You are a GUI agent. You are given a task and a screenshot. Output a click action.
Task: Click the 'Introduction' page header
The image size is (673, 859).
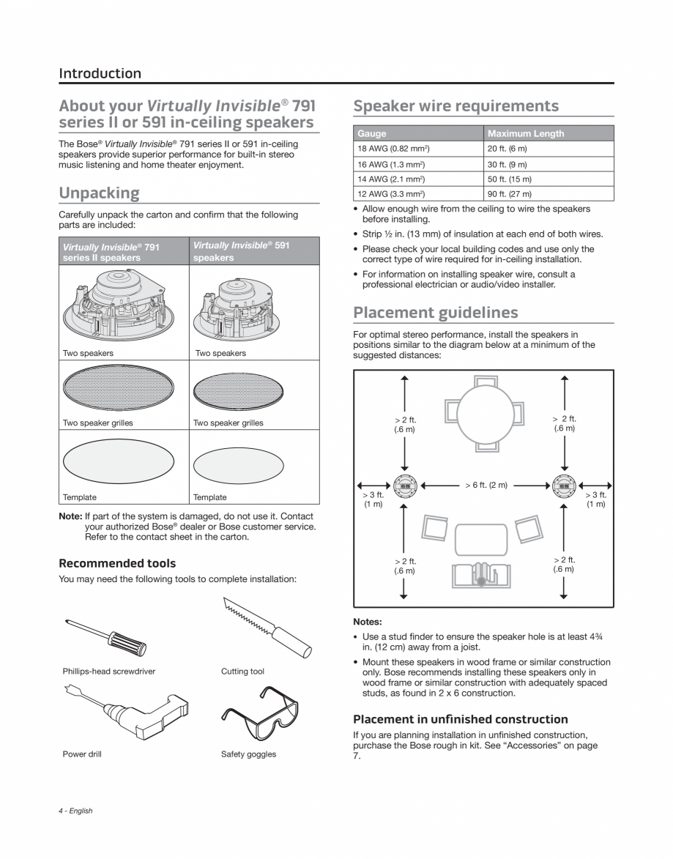tap(100, 73)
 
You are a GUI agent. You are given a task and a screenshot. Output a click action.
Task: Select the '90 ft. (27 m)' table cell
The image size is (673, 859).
tap(510, 194)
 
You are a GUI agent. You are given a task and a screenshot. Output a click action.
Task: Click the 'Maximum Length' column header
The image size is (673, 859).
tap(526, 133)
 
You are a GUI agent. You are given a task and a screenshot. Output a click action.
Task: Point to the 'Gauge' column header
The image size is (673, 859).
tap(372, 133)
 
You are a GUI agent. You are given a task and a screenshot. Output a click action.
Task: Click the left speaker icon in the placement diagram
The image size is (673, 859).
tap(404, 485)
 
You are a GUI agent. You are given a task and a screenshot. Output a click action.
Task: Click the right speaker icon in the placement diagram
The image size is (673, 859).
tap(564, 485)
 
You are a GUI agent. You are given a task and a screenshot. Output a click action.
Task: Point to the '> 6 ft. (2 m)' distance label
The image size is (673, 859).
tap(486, 485)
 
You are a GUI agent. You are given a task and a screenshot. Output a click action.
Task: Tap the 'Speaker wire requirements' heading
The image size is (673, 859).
tap(456, 106)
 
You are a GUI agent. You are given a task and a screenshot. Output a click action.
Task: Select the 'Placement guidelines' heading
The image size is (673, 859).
tap(435, 313)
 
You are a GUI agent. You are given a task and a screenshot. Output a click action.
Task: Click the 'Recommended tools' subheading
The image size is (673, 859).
tap(117, 563)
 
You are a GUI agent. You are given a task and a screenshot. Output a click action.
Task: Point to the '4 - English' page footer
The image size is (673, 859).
tap(75, 811)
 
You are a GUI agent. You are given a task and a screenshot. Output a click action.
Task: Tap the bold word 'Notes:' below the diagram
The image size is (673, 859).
tap(368, 622)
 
